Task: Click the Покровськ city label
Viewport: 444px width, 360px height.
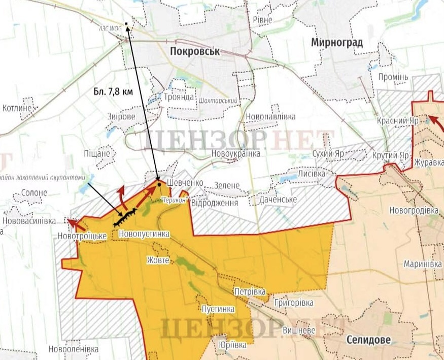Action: pos(198,51)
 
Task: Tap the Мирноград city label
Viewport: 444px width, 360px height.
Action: pos(337,43)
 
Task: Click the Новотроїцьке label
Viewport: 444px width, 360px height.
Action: pos(82,236)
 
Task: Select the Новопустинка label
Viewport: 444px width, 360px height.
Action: pos(143,234)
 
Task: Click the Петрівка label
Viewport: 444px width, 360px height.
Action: pos(250,292)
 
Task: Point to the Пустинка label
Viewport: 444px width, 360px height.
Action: pos(218,309)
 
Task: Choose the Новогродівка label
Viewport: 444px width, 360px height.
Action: pos(414,210)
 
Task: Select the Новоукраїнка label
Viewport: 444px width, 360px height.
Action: pos(237,153)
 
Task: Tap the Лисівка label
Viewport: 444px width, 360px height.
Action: pos(311,174)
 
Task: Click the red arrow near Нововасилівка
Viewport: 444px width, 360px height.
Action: pos(75,223)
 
